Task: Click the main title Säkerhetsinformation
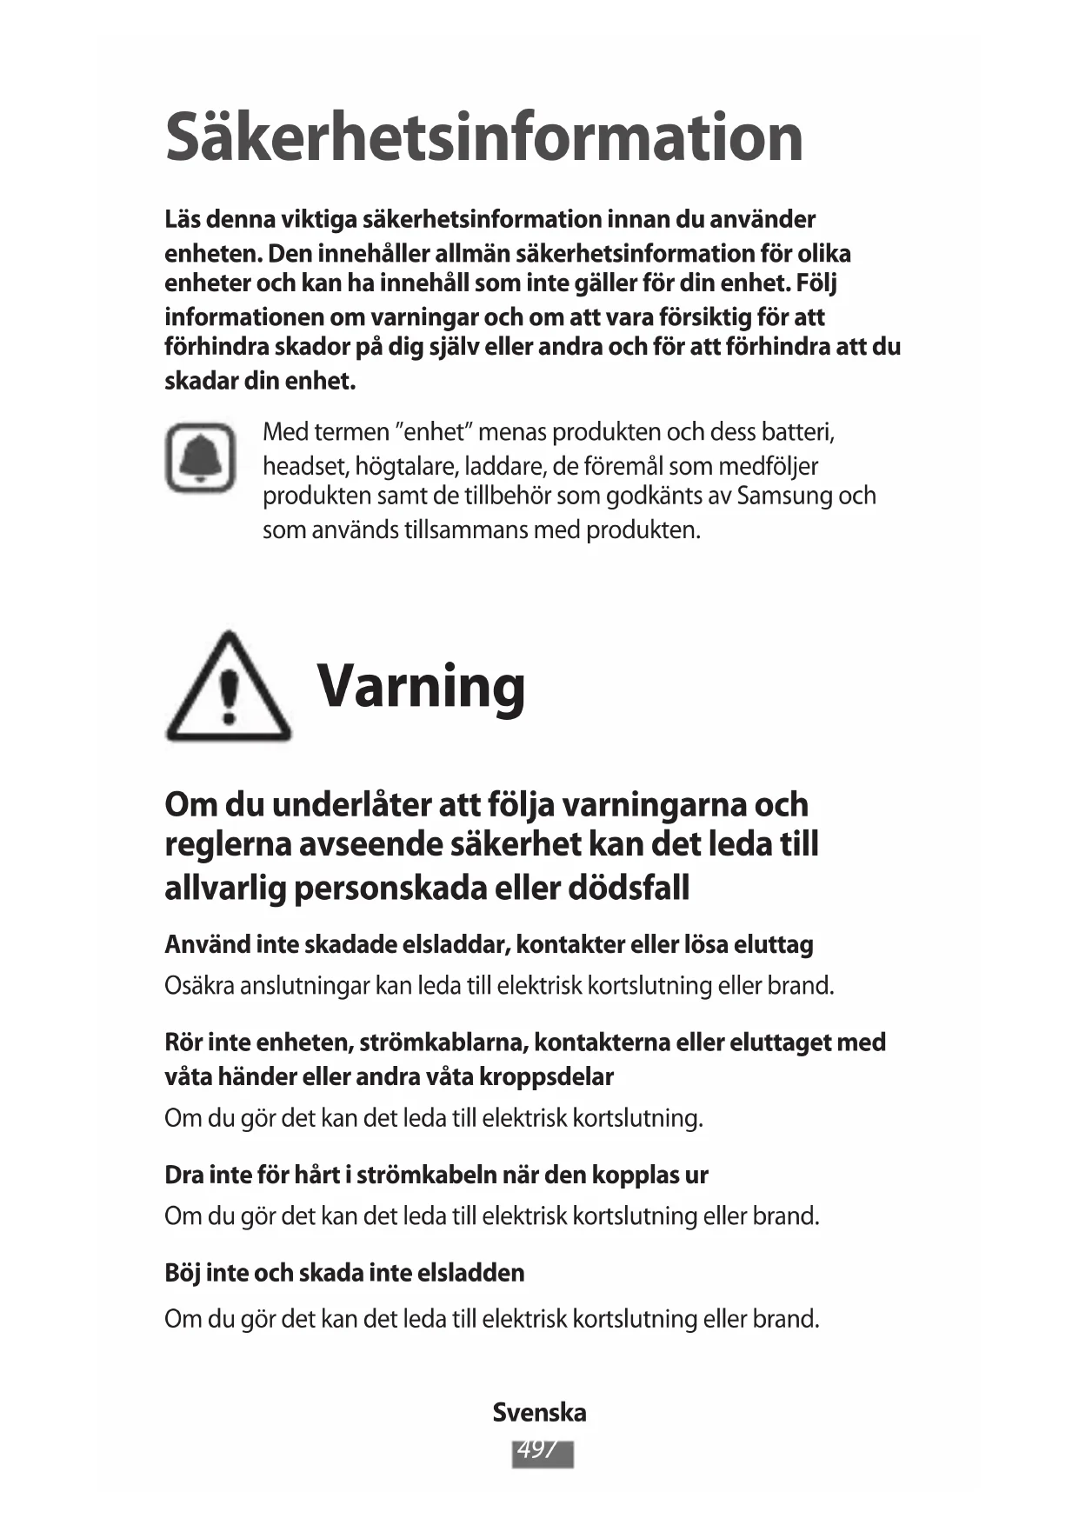point(483,137)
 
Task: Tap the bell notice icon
point(201,458)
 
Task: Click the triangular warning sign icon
point(228,689)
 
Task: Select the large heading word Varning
point(421,687)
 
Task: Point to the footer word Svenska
point(539,1413)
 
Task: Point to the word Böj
point(183,1273)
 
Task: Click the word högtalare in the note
point(407,467)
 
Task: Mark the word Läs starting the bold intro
point(183,220)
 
